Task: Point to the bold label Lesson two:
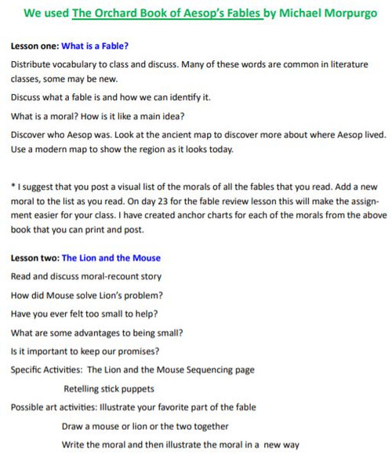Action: click(x=35, y=257)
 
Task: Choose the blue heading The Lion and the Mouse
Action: click(x=111, y=257)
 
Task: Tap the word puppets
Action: click(x=134, y=388)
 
